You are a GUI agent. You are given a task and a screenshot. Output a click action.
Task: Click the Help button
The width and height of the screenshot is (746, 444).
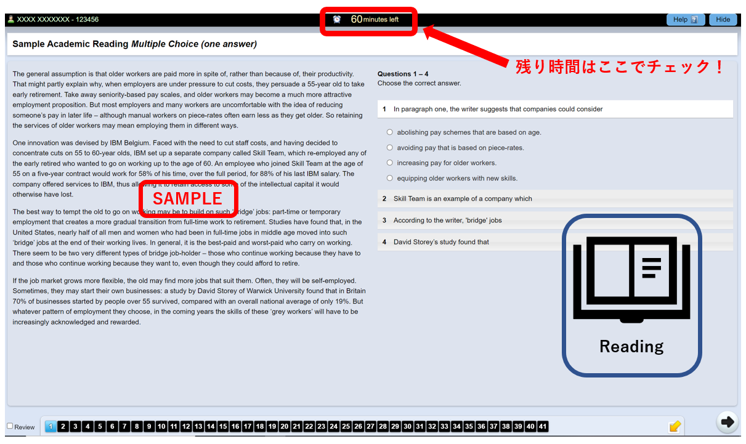(686, 20)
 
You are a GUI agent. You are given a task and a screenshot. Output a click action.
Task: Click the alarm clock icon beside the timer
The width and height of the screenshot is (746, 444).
(337, 19)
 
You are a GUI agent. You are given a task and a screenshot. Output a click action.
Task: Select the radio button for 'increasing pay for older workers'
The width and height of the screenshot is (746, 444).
(390, 163)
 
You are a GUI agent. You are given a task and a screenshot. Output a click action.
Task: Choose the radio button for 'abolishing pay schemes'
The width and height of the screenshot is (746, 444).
(390, 132)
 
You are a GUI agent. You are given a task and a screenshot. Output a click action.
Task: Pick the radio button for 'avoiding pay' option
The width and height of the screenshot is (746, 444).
(390, 147)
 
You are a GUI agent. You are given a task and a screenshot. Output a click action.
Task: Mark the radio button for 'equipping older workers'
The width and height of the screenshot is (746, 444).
(390, 178)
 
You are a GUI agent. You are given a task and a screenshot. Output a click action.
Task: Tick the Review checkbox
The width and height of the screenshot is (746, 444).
(10, 426)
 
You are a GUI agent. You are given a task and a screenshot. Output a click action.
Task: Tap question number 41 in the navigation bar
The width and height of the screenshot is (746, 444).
(543, 426)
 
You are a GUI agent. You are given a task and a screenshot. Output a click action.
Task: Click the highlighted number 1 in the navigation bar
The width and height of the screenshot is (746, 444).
(51, 426)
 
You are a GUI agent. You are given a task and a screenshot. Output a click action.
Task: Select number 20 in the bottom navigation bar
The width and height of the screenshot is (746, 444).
(285, 426)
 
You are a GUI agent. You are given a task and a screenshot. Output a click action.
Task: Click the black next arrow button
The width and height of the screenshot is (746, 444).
(728, 422)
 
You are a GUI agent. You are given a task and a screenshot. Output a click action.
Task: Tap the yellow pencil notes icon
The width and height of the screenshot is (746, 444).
(675, 426)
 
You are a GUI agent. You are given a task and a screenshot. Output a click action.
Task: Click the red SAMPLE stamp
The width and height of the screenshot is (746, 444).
(188, 199)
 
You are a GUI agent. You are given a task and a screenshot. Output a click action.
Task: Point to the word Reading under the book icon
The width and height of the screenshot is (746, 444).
(631, 347)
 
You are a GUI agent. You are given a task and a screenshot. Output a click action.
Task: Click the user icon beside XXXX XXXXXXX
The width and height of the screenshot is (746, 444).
(11, 19)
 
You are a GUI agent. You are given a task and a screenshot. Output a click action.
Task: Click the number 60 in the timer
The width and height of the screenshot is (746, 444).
(356, 19)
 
